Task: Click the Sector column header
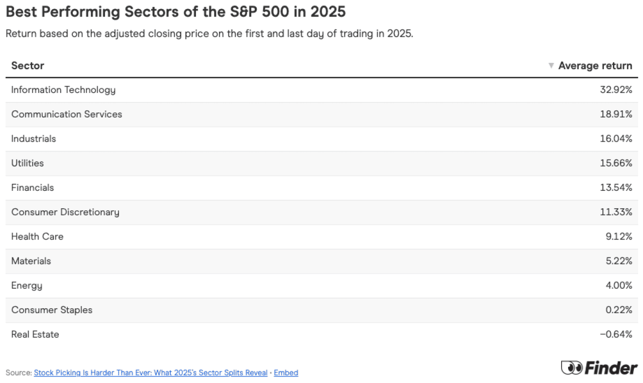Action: click(28, 66)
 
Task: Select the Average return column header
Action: click(595, 66)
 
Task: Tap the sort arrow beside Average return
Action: click(551, 66)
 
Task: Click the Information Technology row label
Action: click(63, 90)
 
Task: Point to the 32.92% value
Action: click(616, 90)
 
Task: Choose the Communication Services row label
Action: click(67, 114)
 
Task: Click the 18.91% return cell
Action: click(616, 114)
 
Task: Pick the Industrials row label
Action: click(34, 139)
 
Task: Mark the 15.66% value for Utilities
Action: click(616, 163)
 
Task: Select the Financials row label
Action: click(33, 188)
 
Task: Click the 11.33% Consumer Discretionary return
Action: click(617, 212)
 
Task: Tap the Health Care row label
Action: click(37, 236)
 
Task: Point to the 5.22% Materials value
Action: click(618, 261)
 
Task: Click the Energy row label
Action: click(27, 286)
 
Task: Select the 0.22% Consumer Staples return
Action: click(618, 310)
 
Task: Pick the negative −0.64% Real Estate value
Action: click(616, 334)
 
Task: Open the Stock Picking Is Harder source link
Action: click(151, 373)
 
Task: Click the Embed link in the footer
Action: click(286, 373)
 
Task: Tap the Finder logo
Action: click(599, 368)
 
